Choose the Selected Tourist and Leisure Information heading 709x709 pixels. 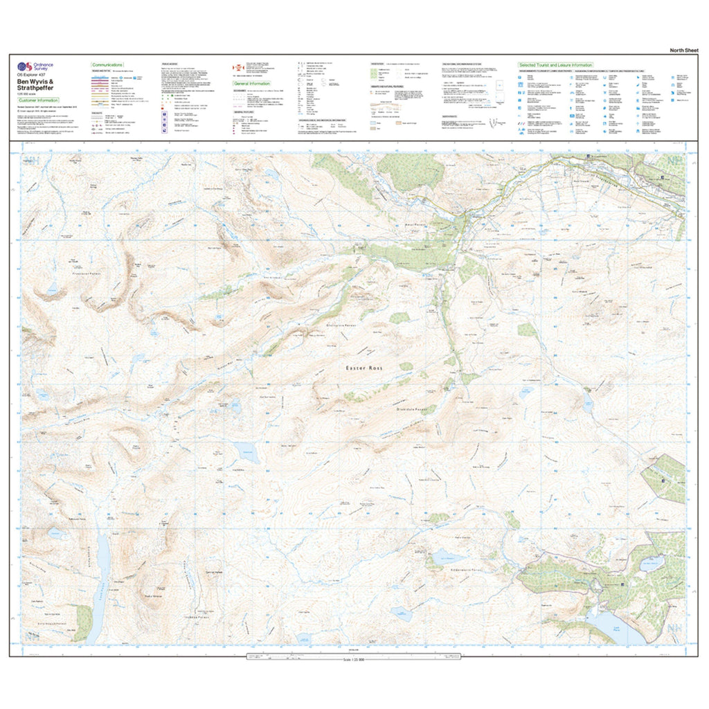[x=546, y=65]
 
